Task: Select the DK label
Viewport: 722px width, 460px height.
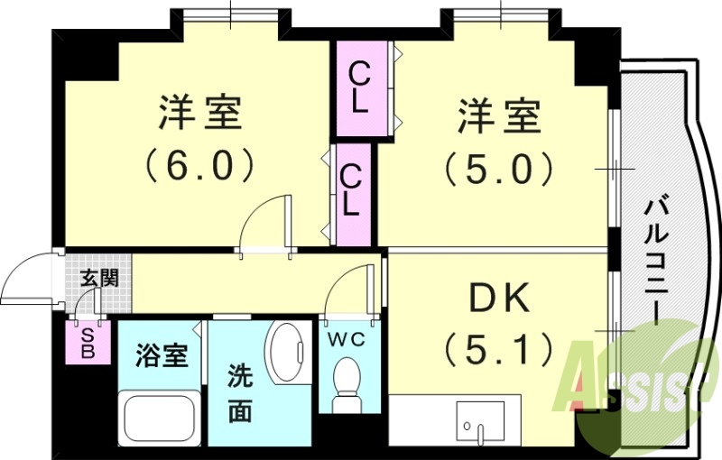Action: pos(497,298)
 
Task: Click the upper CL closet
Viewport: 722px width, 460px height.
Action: pos(359,87)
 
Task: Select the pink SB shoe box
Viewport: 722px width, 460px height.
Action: pos(88,343)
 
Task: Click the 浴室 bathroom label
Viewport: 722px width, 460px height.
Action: pos(162,354)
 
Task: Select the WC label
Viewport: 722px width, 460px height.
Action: pos(345,338)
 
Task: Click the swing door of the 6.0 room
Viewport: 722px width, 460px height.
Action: pos(267,222)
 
